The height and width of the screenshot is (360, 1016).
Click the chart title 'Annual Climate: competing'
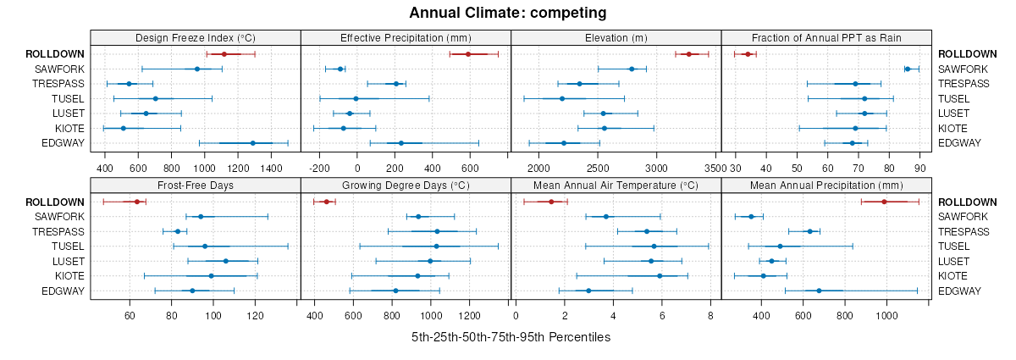click(508, 13)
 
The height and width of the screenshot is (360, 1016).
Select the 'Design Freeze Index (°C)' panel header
click(196, 37)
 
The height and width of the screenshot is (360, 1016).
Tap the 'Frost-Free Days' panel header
click(196, 186)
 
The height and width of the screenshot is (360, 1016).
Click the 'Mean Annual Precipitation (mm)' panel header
click(826, 186)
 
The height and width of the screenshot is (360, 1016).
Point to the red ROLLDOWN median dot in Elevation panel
click(689, 54)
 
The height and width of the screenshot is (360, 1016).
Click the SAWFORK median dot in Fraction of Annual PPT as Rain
click(908, 69)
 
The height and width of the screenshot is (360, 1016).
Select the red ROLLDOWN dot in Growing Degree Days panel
click(327, 202)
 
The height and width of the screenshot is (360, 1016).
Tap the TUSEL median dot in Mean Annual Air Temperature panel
click(654, 246)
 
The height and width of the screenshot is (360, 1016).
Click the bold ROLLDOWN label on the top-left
click(56, 54)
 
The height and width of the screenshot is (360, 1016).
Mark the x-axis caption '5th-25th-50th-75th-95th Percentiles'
click(511, 337)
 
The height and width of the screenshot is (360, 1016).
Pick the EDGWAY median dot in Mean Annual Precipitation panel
click(819, 291)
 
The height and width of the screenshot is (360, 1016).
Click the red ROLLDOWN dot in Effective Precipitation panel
click(467, 54)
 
